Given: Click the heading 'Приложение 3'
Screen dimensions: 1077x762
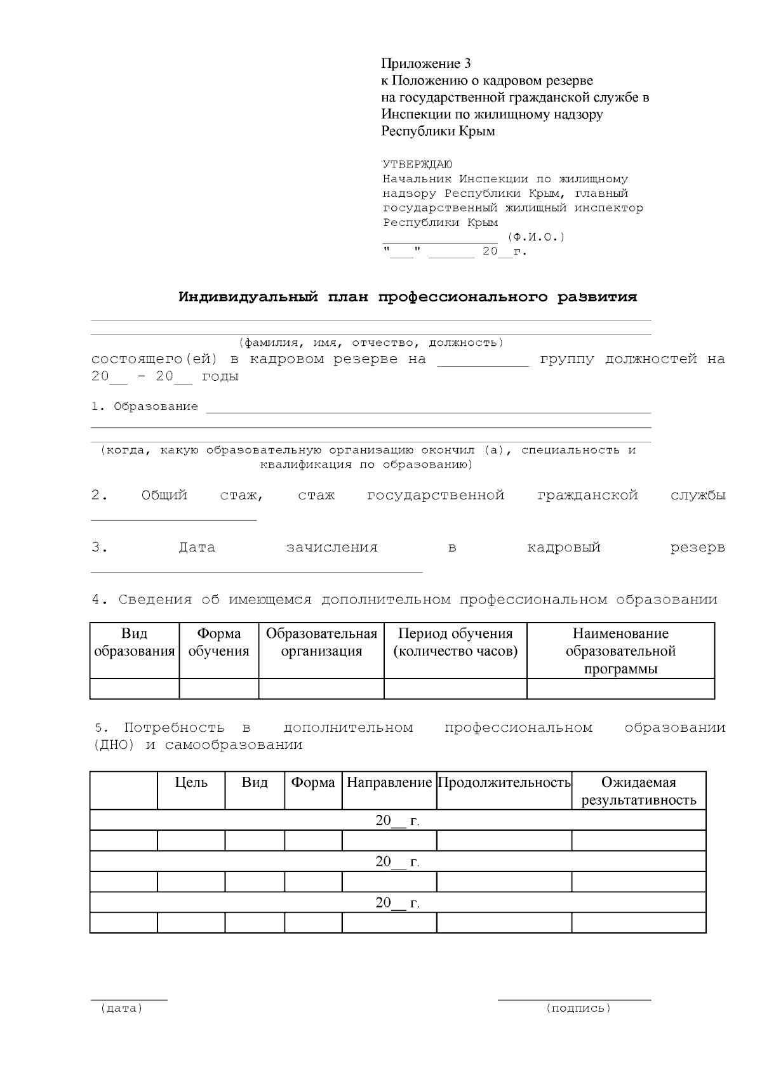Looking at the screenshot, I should click(426, 63).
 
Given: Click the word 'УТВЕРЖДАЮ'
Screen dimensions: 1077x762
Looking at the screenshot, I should click(417, 164).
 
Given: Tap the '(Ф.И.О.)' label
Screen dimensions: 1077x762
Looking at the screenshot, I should click(536, 237).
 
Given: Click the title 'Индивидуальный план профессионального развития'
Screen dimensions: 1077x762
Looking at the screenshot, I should click(408, 297).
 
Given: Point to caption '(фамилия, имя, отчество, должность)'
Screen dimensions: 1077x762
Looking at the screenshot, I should click(371, 343).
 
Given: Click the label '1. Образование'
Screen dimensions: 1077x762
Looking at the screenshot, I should click(145, 406).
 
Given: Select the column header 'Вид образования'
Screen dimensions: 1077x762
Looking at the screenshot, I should click(134, 642).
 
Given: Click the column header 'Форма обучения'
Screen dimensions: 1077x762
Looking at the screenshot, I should click(219, 642).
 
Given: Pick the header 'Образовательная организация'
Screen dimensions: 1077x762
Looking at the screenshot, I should click(321, 642).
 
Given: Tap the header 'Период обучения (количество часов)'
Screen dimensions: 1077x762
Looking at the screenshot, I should click(455, 642).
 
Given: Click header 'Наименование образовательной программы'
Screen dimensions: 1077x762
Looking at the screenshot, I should click(620, 651).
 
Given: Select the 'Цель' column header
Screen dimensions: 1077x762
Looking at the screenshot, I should click(191, 783).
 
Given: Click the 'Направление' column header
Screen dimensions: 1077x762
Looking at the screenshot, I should click(389, 783).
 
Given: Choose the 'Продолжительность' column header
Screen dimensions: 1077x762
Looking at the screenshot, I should click(504, 783).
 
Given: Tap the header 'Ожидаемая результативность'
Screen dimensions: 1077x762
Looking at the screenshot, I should click(639, 791).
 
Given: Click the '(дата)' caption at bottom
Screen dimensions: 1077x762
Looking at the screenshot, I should click(121, 1008).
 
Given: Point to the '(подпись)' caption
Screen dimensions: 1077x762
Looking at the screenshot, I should click(578, 1008).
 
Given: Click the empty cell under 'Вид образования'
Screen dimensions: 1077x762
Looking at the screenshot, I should click(135, 689).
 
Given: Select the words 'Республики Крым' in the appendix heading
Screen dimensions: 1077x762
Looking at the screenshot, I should click(438, 131).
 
